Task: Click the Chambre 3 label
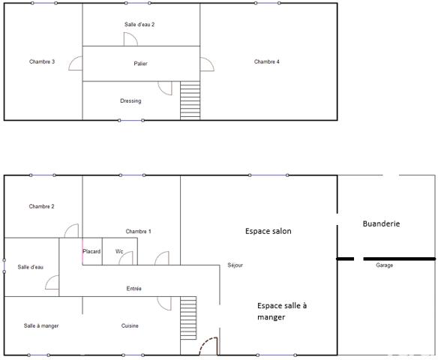[x=42, y=61]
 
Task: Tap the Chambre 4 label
[x=267, y=61]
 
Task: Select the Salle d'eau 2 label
[x=139, y=25]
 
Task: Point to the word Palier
[x=140, y=64]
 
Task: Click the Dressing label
[x=130, y=100]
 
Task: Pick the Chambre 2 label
[x=42, y=206]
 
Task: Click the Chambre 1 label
[x=139, y=231]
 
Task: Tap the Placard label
[x=91, y=251]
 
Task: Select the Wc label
[x=119, y=251]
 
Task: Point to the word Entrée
[x=134, y=289]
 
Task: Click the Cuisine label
[x=130, y=325]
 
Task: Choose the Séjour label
[x=235, y=265]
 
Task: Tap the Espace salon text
[x=268, y=231]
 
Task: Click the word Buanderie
[x=381, y=223]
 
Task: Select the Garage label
[x=384, y=265]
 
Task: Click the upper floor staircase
[x=190, y=100]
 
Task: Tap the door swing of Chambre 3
[x=76, y=63]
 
